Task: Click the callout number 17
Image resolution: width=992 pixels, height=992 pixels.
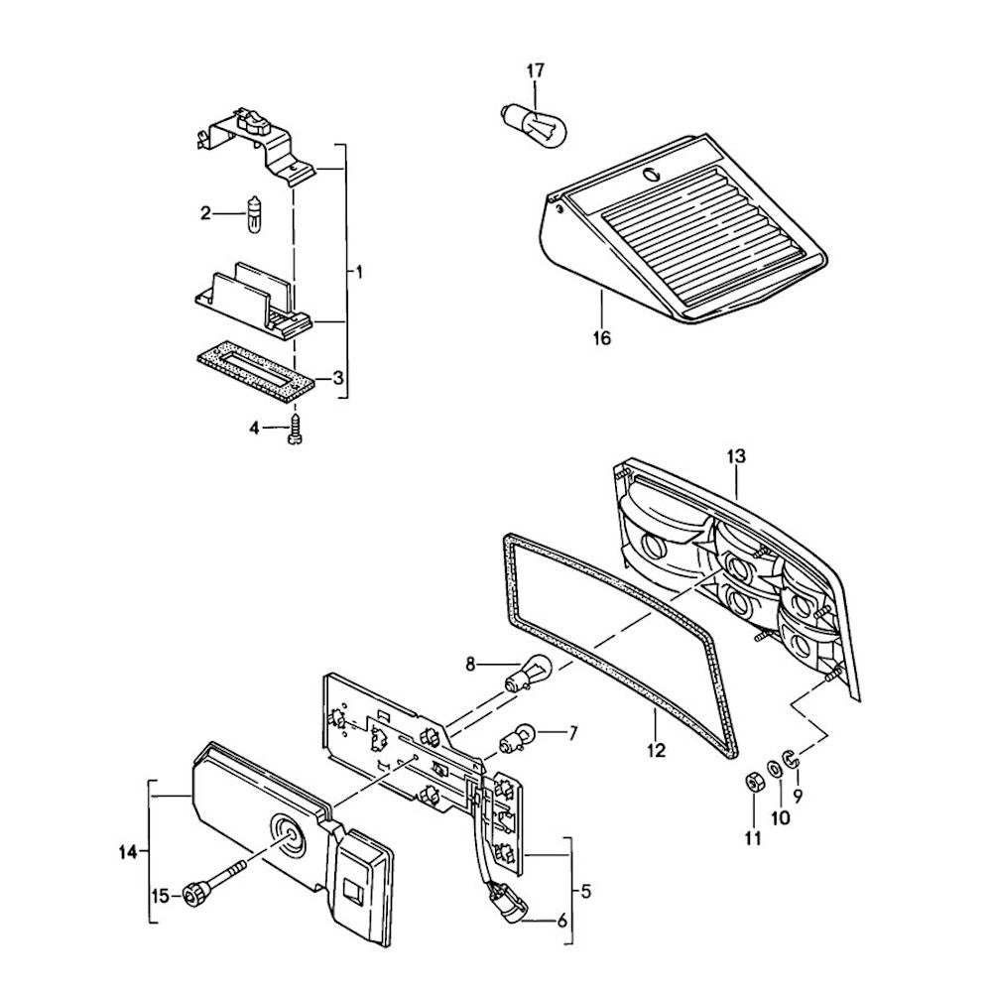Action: point(535,70)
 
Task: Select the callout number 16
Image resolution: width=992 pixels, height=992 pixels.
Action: point(602,338)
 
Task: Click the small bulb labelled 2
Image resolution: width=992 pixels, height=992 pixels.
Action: point(256,215)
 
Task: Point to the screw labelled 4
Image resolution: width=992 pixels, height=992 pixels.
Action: point(294,433)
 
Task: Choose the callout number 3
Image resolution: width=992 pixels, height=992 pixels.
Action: point(338,378)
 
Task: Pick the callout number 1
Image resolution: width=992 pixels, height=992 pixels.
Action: point(359,271)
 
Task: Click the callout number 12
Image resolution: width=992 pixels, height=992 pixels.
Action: point(656,750)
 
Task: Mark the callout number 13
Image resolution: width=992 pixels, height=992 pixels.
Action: point(735,456)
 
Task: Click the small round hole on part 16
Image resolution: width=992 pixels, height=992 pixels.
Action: point(651,176)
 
